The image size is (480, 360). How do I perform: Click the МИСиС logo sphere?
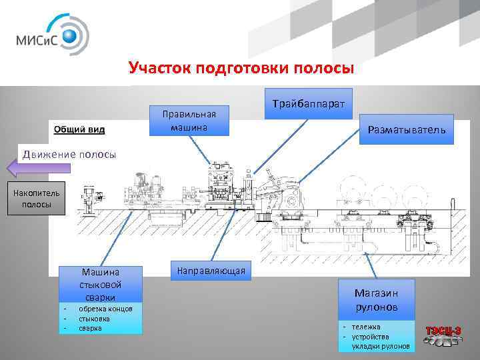coord(72,35)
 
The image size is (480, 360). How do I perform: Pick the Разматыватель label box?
coord(405,131)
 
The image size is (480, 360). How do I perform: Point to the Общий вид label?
coord(74,129)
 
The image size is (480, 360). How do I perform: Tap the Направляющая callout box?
coord(211,271)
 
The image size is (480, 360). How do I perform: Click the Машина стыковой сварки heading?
coord(100,284)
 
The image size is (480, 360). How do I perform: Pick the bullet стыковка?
coord(93,319)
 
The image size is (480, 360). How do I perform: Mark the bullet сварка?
coord(89,328)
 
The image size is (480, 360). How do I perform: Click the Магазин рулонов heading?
coord(376,300)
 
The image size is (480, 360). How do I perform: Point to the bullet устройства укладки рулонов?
coord(379,341)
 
